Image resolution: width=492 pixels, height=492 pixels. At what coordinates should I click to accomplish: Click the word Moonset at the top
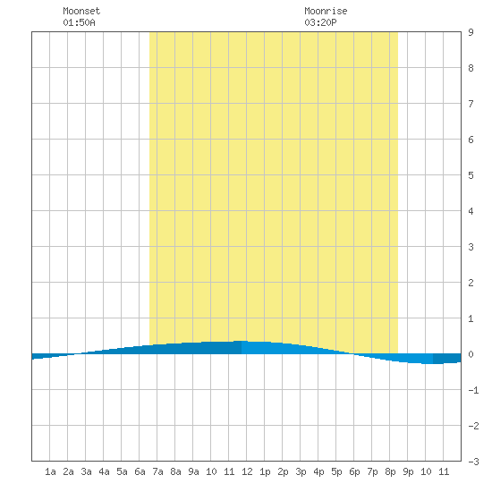pyautogui.click(x=81, y=11)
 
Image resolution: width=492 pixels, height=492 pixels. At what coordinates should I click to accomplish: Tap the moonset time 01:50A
pyautogui.click(x=79, y=22)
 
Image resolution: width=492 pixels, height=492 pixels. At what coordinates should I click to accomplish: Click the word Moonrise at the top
pyautogui.click(x=326, y=11)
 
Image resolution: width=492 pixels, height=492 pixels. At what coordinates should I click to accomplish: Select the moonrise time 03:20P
pyautogui.click(x=320, y=22)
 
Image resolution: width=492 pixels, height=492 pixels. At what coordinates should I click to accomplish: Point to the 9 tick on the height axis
pyautogui.click(x=471, y=32)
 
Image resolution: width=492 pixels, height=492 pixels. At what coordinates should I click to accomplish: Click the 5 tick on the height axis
pyautogui.click(x=471, y=175)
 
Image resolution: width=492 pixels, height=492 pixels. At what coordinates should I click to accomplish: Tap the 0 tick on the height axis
pyautogui.click(x=471, y=354)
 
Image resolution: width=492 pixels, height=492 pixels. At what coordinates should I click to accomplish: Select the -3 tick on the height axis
pyautogui.click(x=473, y=462)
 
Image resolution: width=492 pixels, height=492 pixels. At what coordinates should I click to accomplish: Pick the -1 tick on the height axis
pyautogui.click(x=473, y=390)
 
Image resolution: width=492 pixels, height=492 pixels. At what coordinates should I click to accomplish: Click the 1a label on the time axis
pyautogui.click(x=50, y=471)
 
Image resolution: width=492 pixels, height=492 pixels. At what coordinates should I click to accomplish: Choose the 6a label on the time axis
pyautogui.click(x=140, y=471)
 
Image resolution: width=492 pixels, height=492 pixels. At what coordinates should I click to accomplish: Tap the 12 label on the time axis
pyautogui.click(x=247, y=471)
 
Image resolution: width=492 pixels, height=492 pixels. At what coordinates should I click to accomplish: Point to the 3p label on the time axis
pyautogui.click(x=301, y=471)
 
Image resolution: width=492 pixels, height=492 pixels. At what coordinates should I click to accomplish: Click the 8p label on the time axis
pyautogui.click(x=390, y=471)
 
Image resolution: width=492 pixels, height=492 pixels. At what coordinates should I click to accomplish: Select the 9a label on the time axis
pyautogui.click(x=193, y=471)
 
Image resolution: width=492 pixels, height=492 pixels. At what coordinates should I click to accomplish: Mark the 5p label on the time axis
pyautogui.click(x=336, y=471)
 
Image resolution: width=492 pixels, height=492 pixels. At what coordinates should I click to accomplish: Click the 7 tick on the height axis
pyautogui.click(x=471, y=104)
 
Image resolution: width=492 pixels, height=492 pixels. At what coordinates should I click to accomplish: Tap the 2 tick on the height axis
pyautogui.click(x=471, y=283)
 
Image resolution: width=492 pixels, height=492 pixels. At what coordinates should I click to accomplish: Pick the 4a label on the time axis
pyautogui.click(x=104, y=471)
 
